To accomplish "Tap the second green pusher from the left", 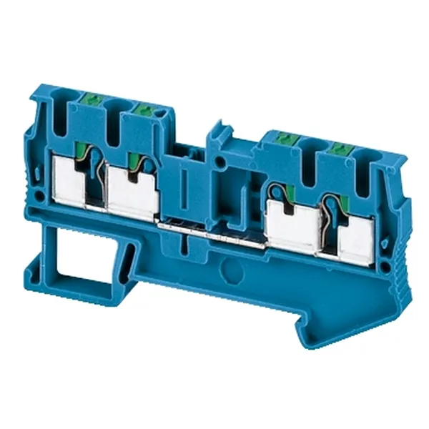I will [143, 109].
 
